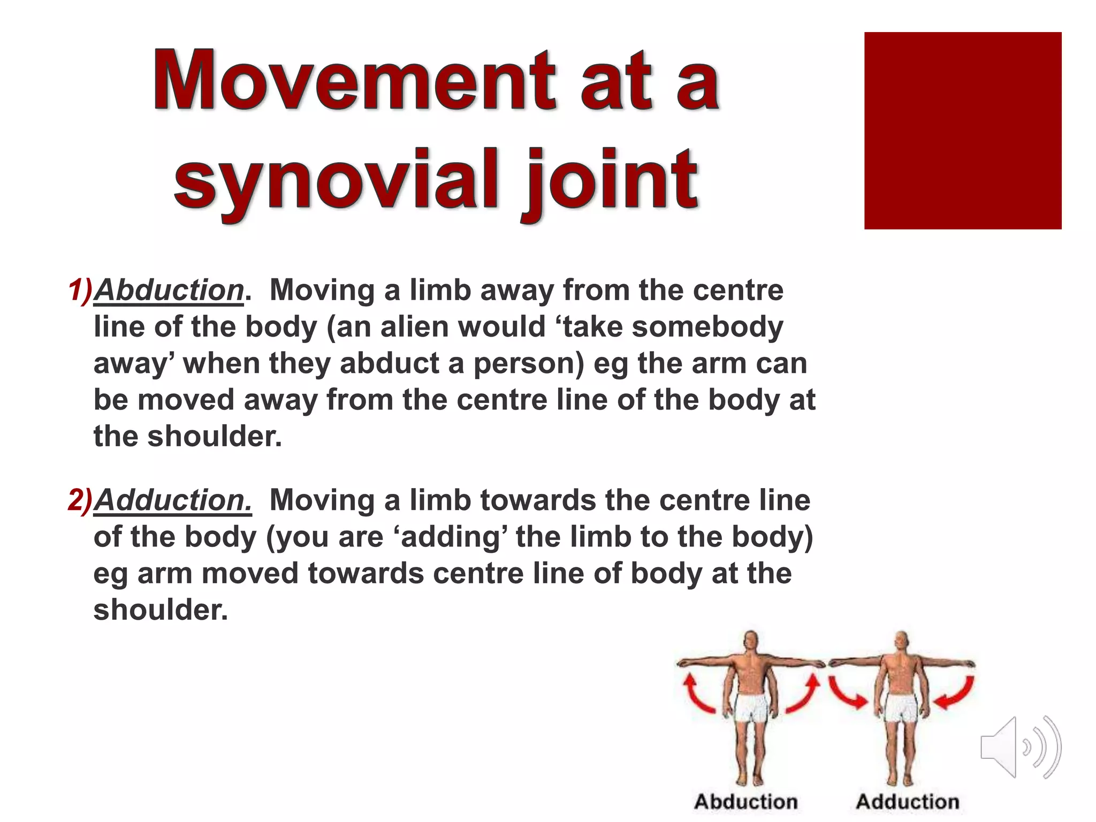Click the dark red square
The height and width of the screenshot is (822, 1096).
[962, 131]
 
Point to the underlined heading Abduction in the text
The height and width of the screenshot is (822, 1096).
[169, 291]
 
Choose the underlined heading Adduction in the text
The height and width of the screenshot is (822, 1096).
[172, 501]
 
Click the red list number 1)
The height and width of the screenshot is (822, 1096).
[80, 291]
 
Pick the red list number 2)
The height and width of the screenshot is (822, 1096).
[80, 501]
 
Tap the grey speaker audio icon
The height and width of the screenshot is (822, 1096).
[1020, 747]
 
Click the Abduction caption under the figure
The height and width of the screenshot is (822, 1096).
[745, 802]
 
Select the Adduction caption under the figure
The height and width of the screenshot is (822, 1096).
[908, 802]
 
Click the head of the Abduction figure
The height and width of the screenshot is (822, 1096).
[751, 641]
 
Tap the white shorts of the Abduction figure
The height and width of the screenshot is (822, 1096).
[751, 708]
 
